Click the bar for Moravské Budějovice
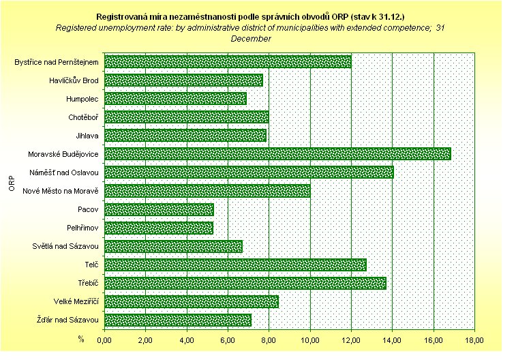pyautogui.click(x=277, y=153)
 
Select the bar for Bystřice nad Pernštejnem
pyautogui.click(x=228, y=62)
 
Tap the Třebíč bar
pyautogui.click(x=245, y=283)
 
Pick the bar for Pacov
pyautogui.click(x=159, y=209)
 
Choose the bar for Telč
pyautogui.click(x=235, y=265)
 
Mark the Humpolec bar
pyautogui.click(x=175, y=99)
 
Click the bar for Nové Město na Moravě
pyautogui.click(x=207, y=191)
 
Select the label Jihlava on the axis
pyautogui.click(x=88, y=136)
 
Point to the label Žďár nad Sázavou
pyautogui.click(x=67, y=320)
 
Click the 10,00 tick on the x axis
pyautogui.click(x=310, y=340)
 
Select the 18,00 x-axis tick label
pyautogui.click(x=475, y=340)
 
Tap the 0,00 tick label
pyautogui.click(x=104, y=340)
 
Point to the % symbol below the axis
pyautogui.click(x=80, y=338)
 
